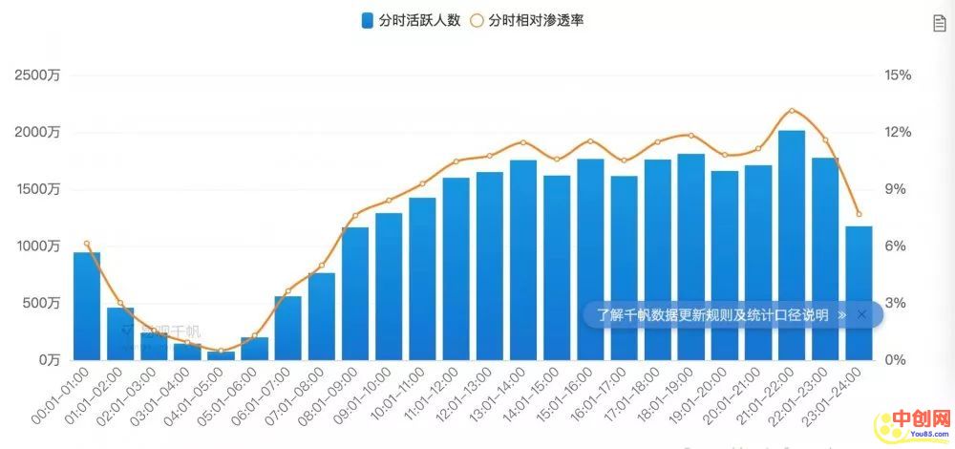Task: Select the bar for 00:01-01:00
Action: pyautogui.click(x=87, y=306)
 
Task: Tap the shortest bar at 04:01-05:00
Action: pyautogui.click(x=221, y=355)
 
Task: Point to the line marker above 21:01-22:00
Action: pyautogui.click(x=792, y=111)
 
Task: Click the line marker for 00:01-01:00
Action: pyautogui.click(x=87, y=244)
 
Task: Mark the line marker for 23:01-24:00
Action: pyautogui.click(x=859, y=214)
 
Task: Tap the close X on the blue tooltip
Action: pyautogui.click(x=861, y=314)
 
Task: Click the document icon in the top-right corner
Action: pyautogui.click(x=939, y=23)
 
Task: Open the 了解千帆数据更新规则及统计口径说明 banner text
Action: pyautogui.click(x=712, y=314)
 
